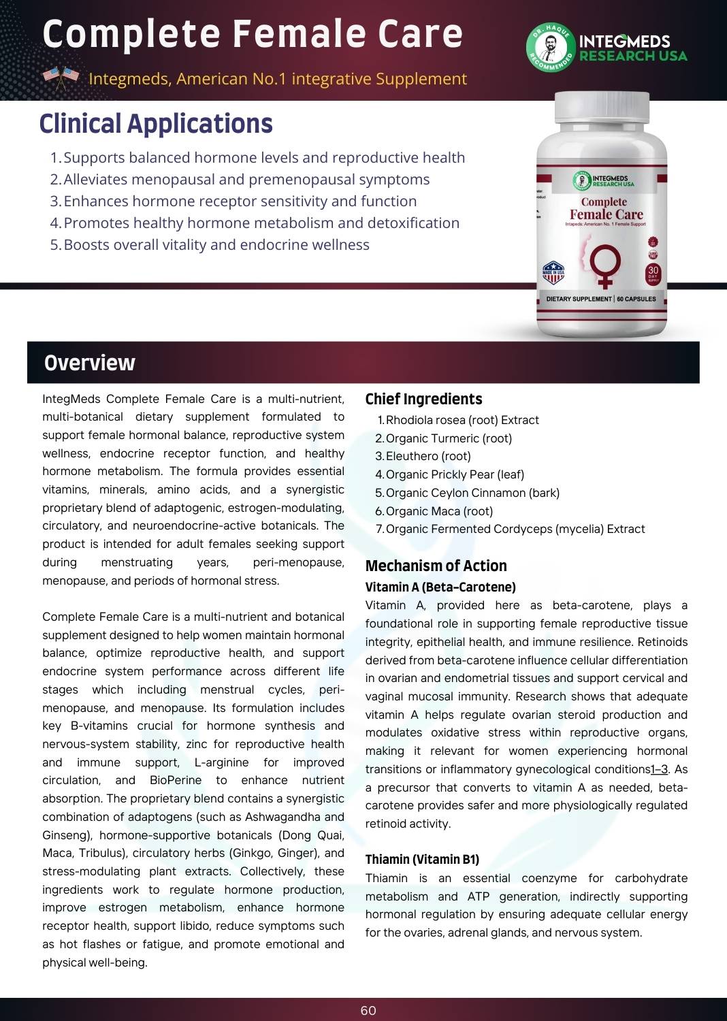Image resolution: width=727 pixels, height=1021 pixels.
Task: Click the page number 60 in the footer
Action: tap(368, 1011)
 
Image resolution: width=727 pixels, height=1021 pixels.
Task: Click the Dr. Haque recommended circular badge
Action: tap(550, 48)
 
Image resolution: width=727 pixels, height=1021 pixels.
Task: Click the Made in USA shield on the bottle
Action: tap(553, 272)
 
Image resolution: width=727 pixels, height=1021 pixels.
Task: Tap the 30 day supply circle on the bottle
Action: tap(653, 273)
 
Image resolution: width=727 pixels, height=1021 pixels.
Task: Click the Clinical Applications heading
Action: tap(156, 124)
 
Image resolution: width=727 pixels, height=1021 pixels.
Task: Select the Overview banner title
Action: tap(90, 363)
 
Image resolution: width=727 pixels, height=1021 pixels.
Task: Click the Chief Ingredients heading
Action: tap(423, 399)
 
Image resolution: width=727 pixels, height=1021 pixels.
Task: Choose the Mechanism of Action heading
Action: tap(436, 566)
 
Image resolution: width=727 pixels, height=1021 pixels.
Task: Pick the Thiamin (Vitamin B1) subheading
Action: tap(422, 859)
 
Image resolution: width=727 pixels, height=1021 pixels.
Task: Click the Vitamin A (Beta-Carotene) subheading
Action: tap(440, 587)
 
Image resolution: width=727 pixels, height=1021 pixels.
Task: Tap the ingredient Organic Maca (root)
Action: tap(439, 511)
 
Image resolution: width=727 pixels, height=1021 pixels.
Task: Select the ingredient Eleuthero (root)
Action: tap(428, 456)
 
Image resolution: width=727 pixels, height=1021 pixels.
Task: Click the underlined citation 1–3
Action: tap(660, 769)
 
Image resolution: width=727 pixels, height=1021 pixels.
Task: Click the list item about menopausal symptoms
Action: tap(246, 180)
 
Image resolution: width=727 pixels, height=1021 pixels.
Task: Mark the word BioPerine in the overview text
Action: tap(176, 780)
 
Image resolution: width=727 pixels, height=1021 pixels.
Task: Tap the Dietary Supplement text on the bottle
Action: tap(579, 299)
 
